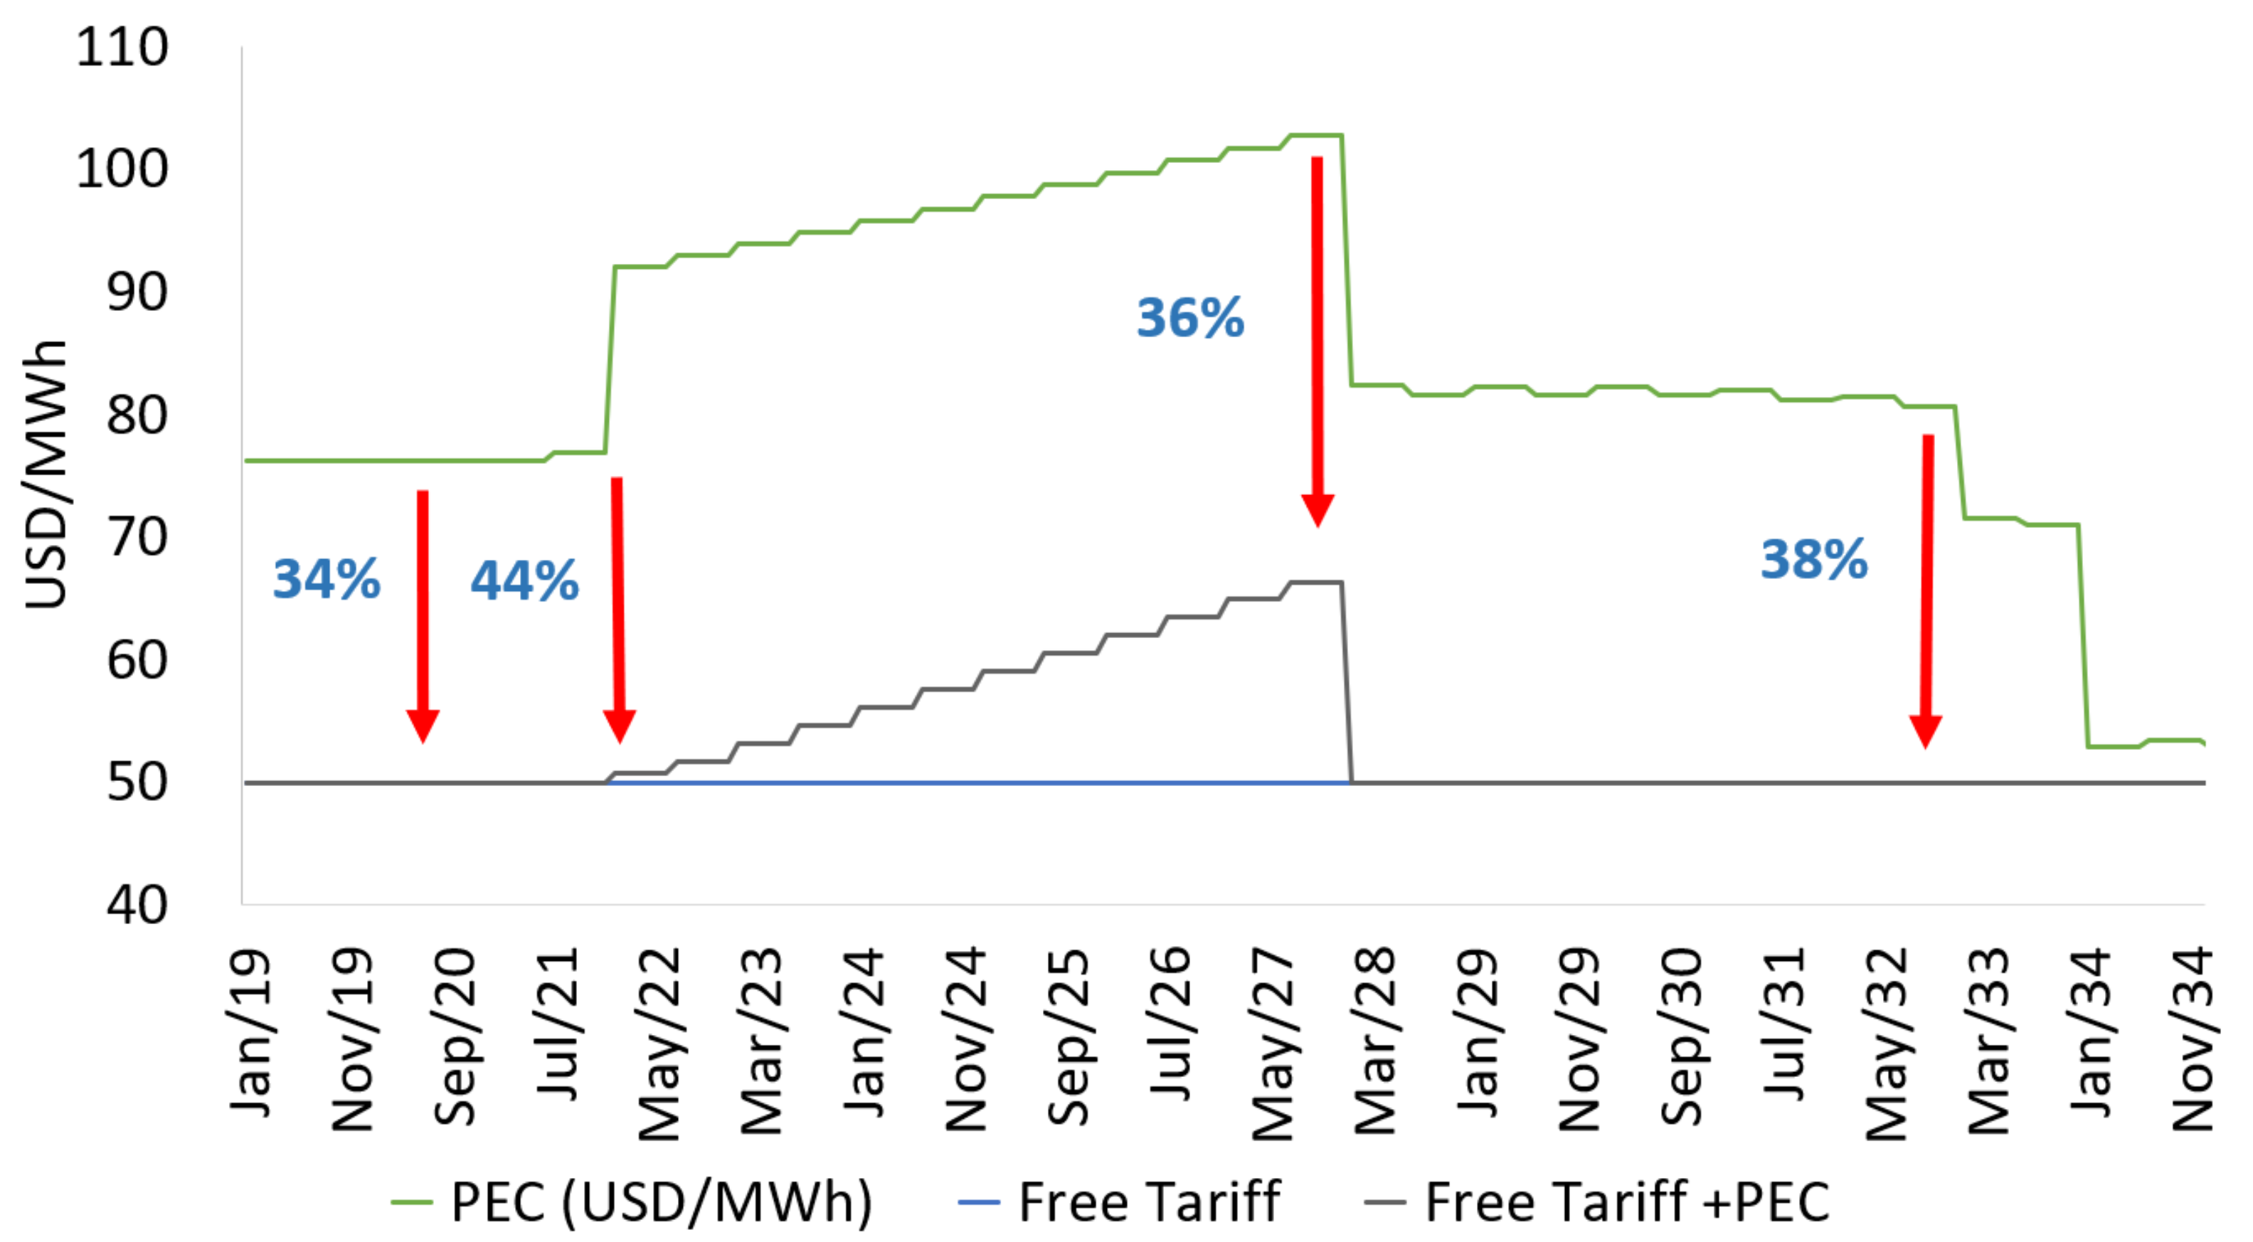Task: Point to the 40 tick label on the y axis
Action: (137, 906)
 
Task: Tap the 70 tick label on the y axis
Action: (137, 537)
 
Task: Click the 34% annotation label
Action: (327, 579)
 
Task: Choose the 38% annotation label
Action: (1813, 560)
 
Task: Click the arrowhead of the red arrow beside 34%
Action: (423, 726)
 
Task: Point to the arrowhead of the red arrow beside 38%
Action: (1925, 731)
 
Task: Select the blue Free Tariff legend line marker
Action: (979, 1203)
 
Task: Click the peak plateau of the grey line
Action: (1316, 582)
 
